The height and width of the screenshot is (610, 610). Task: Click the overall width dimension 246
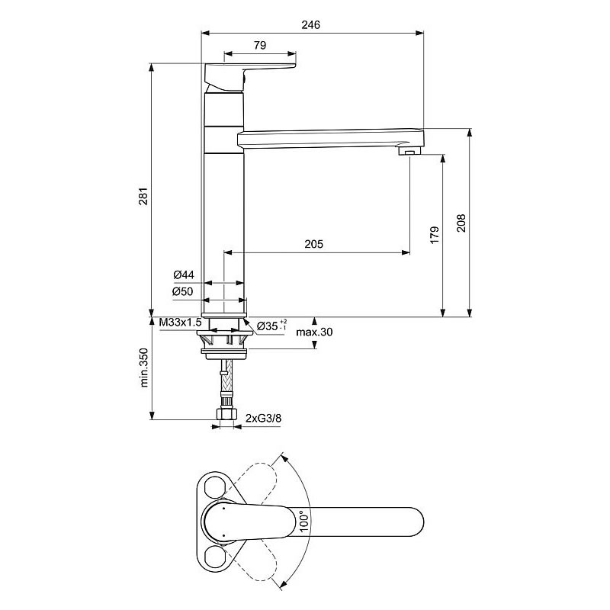tap(310, 25)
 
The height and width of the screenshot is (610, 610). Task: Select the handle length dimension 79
tap(260, 46)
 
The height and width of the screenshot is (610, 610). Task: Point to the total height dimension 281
tap(143, 196)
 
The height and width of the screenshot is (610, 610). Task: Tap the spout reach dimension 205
tap(313, 244)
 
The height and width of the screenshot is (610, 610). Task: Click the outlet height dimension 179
tap(435, 235)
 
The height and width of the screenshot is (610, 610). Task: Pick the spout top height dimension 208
tap(461, 223)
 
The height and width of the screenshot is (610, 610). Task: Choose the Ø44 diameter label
tap(184, 274)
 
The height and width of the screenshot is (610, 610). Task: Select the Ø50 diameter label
tap(183, 291)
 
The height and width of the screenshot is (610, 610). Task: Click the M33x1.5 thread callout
tap(181, 322)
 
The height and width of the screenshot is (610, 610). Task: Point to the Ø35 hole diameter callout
tap(272, 326)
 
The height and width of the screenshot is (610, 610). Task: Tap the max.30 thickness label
tap(314, 332)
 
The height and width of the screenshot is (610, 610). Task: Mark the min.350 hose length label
tap(144, 368)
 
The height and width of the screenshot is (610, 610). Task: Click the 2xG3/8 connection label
tap(263, 418)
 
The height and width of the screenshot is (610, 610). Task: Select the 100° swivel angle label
tap(304, 522)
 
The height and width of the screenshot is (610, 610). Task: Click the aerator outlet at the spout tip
tap(409, 151)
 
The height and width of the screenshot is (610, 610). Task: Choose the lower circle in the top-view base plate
tap(213, 556)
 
